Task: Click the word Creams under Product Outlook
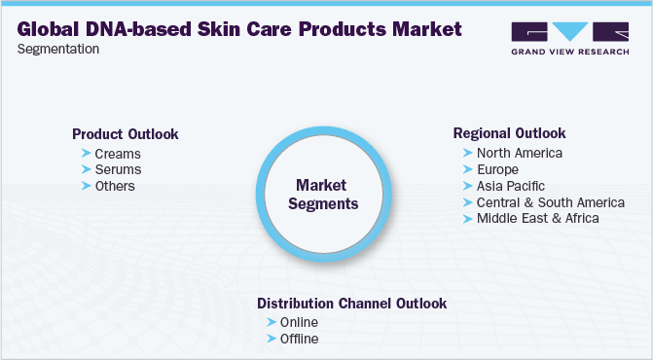click(118, 154)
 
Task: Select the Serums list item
click(118, 169)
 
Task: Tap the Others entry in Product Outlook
click(115, 186)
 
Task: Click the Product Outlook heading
click(126, 134)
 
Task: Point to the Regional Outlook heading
click(509, 133)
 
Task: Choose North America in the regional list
click(519, 153)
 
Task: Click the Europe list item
click(498, 169)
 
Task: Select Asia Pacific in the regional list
click(511, 186)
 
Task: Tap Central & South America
click(550, 202)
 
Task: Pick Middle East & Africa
click(538, 218)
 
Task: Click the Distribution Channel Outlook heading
click(351, 304)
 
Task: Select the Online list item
click(300, 322)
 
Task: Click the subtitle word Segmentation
click(58, 49)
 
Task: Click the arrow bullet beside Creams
click(87, 154)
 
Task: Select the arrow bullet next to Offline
click(272, 339)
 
